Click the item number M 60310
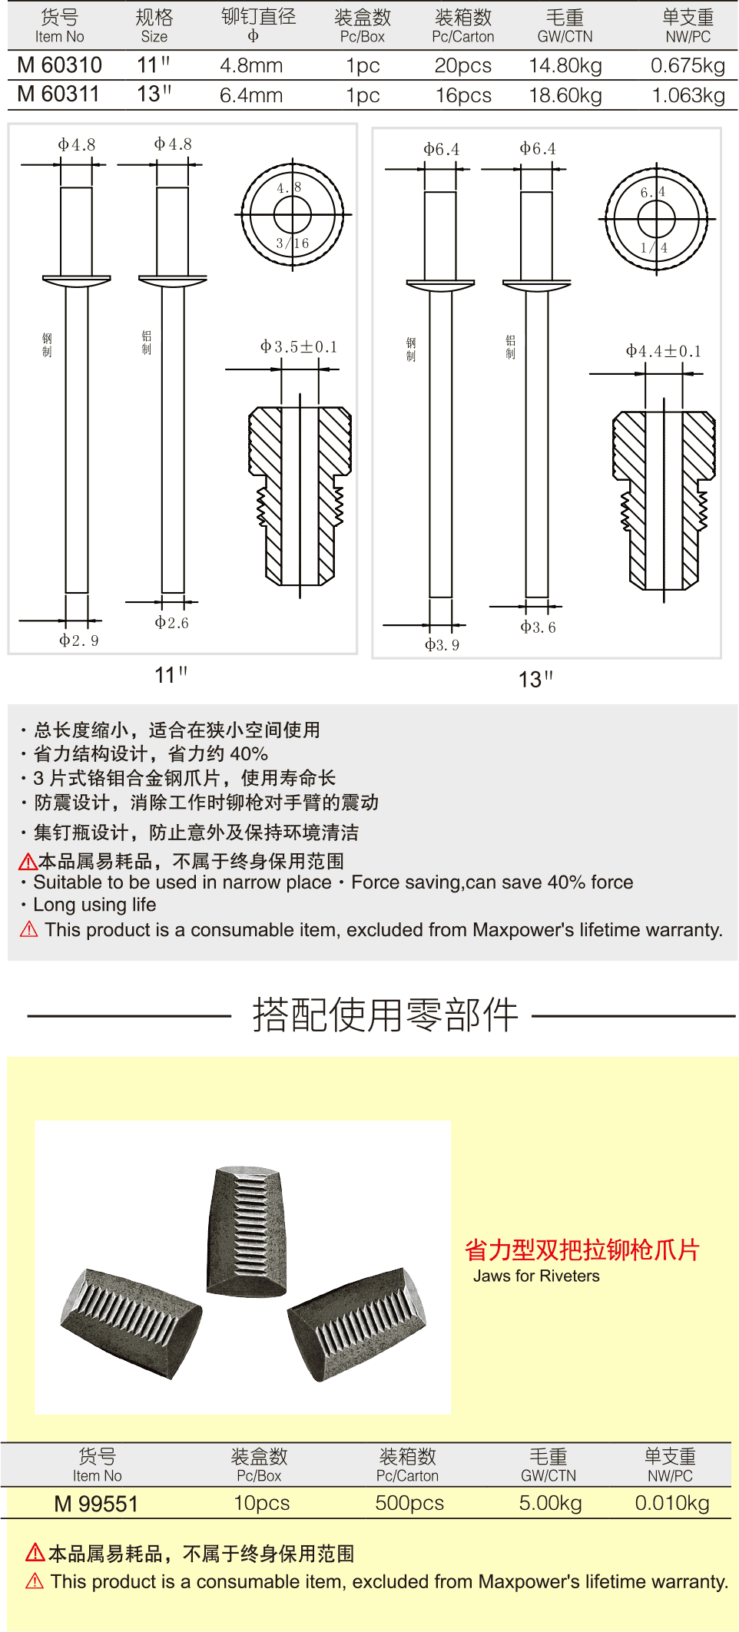[x=59, y=65]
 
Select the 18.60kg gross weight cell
[x=565, y=95]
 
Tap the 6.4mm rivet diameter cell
[x=251, y=95]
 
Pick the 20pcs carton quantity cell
[x=462, y=66]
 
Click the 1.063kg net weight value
[x=688, y=95]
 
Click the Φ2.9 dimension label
[x=79, y=641]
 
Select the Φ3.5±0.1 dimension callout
[x=299, y=347]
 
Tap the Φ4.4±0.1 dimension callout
[x=663, y=352]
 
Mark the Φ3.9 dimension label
[x=442, y=645]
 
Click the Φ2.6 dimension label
[x=171, y=623]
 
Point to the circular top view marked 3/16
[x=293, y=215]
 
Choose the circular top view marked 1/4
[x=657, y=220]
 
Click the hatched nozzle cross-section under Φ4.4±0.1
[x=664, y=499]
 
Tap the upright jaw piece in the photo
[x=247, y=1229]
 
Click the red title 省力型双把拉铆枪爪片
[x=582, y=1250]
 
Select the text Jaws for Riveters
[x=536, y=1276]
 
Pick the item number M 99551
[x=96, y=1504]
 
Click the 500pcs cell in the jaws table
[x=409, y=1503]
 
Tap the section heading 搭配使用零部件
[x=386, y=1015]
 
